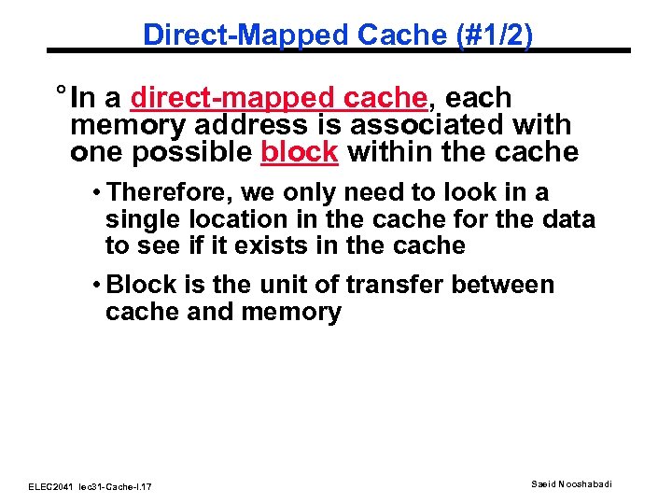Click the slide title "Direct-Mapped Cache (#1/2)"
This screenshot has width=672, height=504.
point(338,35)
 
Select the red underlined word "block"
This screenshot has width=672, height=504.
point(299,152)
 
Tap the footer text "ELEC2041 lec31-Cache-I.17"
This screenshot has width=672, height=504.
point(91,487)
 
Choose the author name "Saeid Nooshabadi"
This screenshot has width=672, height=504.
point(573,483)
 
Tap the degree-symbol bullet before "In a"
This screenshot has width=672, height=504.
point(60,94)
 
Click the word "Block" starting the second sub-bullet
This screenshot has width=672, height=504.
point(139,285)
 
